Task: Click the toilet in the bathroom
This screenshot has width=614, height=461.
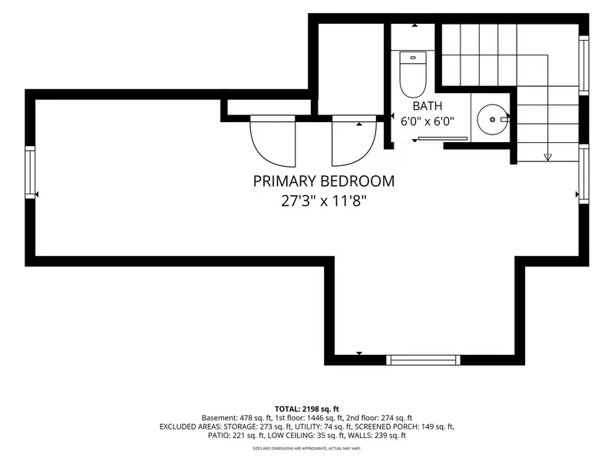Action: [x=413, y=75]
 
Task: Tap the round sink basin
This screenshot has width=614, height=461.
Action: [x=492, y=120]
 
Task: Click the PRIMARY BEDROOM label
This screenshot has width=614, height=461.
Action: [x=323, y=181]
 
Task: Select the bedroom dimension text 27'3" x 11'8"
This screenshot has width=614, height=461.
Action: [x=323, y=201]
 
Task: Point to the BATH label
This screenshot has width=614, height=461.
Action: [x=427, y=106]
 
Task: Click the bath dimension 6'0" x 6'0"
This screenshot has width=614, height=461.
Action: [x=427, y=121]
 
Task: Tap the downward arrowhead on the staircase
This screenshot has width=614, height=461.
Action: [x=548, y=158]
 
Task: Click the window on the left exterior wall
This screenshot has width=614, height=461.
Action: [x=30, y=172]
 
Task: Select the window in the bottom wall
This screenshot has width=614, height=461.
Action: [x=424, y=360]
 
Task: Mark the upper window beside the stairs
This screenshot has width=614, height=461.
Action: [x=583, y=65]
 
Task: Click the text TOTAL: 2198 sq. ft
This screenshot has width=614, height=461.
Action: [x=306, y=410]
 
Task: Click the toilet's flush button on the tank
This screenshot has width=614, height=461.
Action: [x=413, y=58]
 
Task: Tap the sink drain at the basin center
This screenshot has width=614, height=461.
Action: [x=492, y=120]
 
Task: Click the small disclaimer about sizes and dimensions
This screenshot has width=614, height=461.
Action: [x=306, y=448]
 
